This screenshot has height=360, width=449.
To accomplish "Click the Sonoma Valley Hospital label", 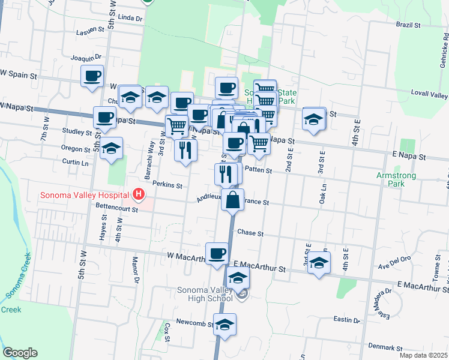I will [85, 195].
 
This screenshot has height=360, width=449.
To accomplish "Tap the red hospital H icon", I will [139, 194].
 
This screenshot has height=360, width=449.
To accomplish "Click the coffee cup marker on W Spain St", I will [92, 76].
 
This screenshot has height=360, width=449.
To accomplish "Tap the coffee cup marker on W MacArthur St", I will [217, 253].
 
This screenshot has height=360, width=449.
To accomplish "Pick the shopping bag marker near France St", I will [233, 200].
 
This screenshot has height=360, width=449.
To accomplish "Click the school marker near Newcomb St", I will [224, 325].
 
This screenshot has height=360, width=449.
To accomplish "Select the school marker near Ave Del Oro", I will [319, 263].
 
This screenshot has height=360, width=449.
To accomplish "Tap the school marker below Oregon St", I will [111, 149].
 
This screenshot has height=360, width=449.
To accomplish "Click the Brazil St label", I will [408, 25].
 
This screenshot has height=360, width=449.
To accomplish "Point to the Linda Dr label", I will [130, 19].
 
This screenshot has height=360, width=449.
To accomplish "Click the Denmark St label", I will [385, 347].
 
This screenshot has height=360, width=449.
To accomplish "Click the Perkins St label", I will [167, 185].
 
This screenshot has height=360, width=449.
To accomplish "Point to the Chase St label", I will [250, 232].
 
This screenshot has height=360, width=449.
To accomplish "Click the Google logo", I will [20, 353].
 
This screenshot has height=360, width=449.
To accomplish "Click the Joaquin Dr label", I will [83, 58].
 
